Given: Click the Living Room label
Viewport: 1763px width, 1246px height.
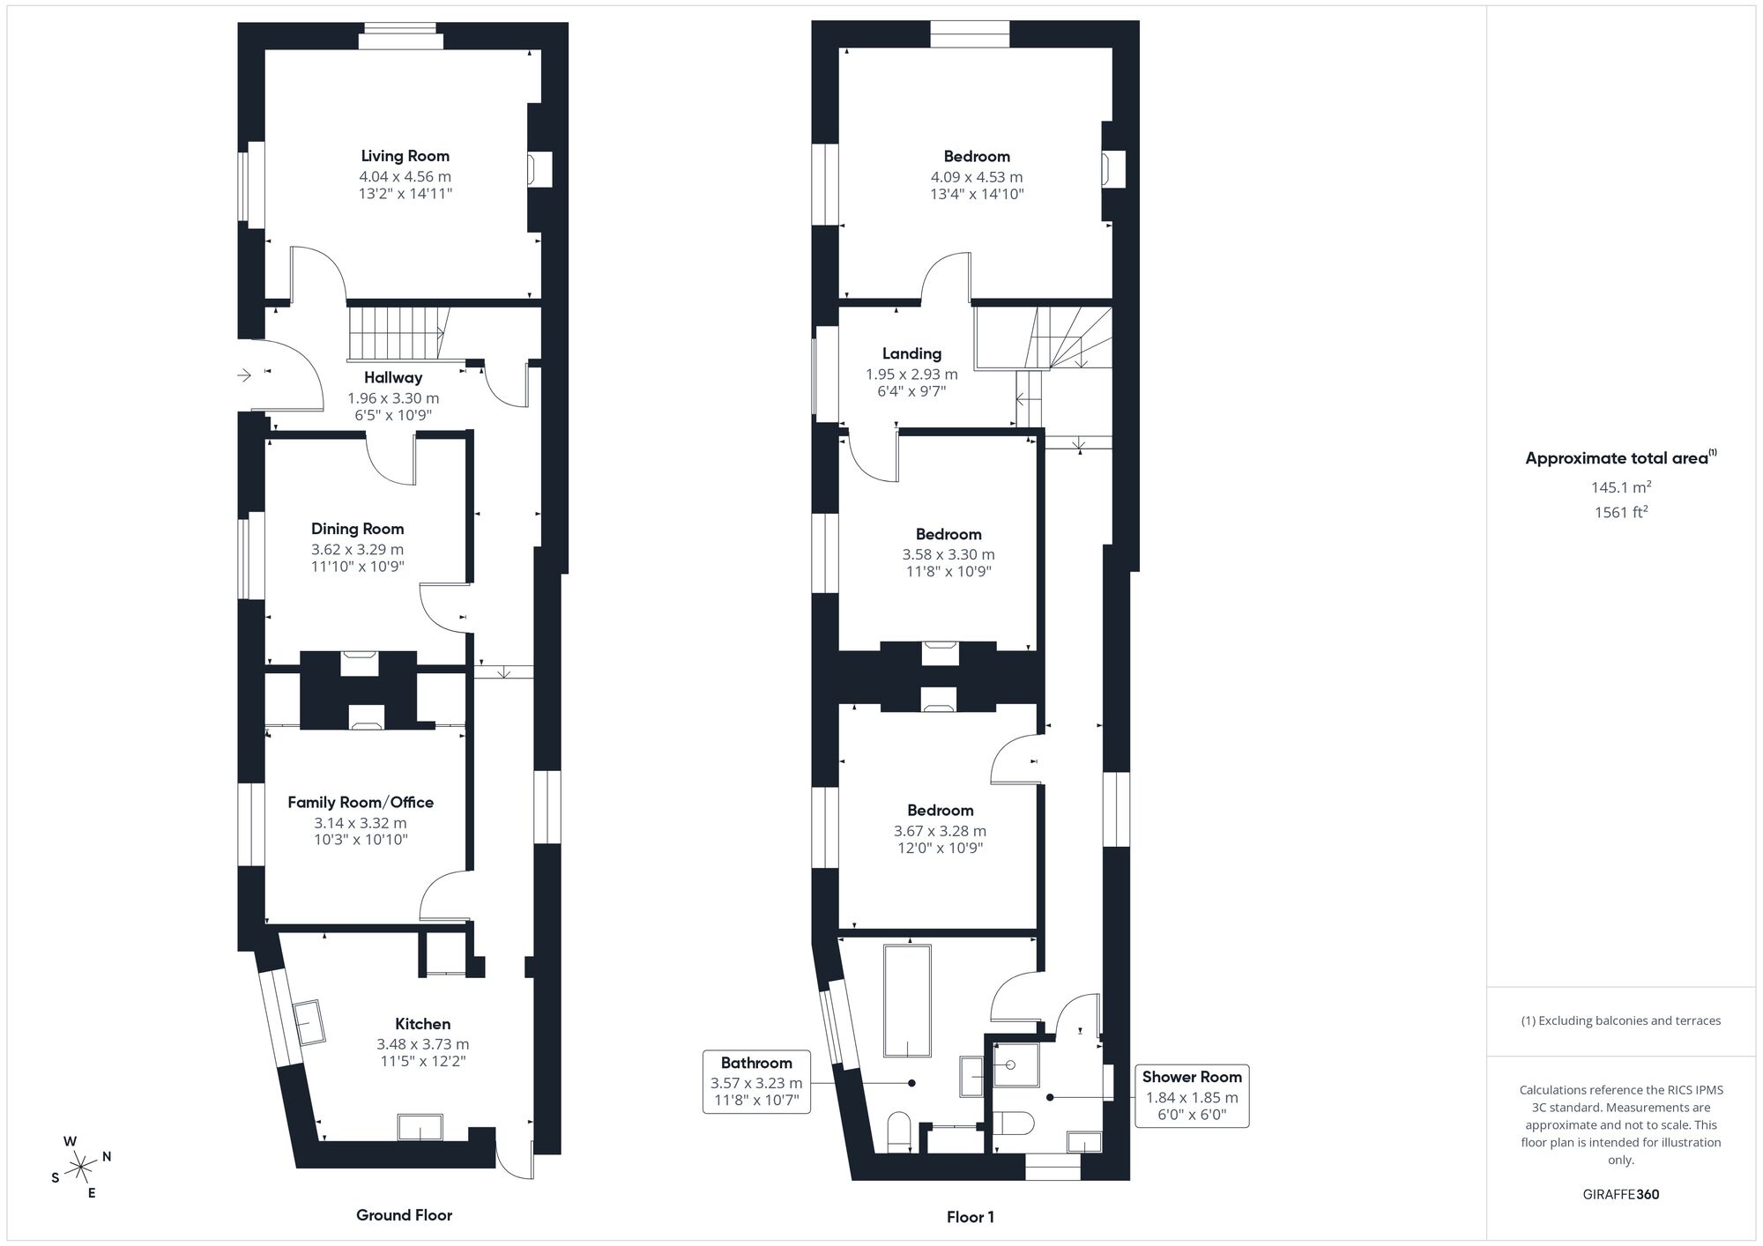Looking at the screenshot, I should pyautogui.click(x=405, y=156).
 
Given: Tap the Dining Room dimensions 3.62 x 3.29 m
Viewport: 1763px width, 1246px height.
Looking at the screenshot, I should pyautogui.click(x=357, y=549).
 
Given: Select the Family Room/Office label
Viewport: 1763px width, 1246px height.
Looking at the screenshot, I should pyautogui.click(x=361, y=802).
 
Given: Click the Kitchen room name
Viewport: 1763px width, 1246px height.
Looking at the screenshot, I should pyautogui.click(x=422, y=1024).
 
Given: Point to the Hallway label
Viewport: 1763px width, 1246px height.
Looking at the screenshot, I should pyautogui.click(x=393, y=377).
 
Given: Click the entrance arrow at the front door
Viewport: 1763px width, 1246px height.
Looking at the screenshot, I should pyautogui.click(x=245, y=375).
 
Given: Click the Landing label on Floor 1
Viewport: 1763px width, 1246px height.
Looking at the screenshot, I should pyautogui.click(x=911, y=353).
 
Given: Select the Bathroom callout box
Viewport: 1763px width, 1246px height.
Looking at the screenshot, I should pyautogui.click(x=756, y=1081).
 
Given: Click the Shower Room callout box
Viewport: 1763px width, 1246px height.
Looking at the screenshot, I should pyautogui.click(x=1192, y=1095).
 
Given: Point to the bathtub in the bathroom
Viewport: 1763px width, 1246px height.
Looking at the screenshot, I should pyautogui.click(x=907, y=1001).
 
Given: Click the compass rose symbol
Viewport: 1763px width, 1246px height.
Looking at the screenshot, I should pyautogui.click(x=81, y=1168).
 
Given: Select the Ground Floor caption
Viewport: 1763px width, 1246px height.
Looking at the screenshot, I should pyautogui.click(x=404, y=1215).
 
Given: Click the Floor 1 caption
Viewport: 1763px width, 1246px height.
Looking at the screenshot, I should pyautogui.click(x=970, y=1217).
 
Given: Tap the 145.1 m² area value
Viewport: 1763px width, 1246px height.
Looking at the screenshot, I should pyautogui.click(x=1620, y=487).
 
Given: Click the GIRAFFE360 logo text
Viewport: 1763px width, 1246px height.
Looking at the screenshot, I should pyautogui.click(x=1620, y=1195).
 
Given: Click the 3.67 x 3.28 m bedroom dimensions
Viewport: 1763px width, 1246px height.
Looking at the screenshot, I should pyautogui.click(x=940, y=831).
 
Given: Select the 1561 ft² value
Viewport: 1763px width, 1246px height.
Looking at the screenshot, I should pyautogui.click(x=1620, y=512).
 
